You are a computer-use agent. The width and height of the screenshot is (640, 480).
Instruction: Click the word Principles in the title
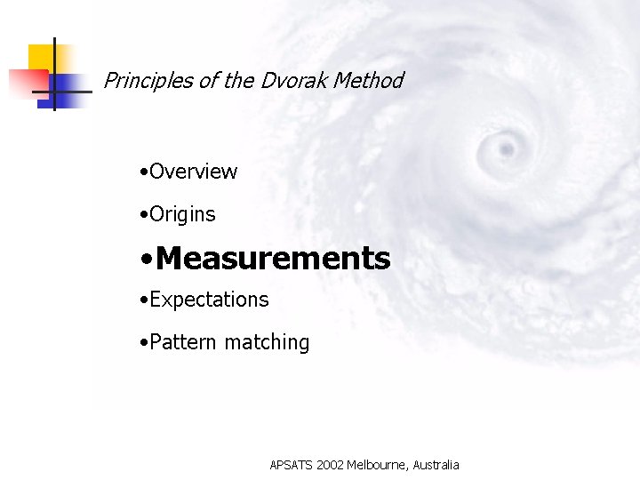click(148, 81)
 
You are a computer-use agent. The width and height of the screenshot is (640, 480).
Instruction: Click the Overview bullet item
click(193, 172)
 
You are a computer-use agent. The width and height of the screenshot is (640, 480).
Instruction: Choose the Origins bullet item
click(182, 214)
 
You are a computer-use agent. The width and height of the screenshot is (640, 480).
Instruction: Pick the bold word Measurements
click(272, 259)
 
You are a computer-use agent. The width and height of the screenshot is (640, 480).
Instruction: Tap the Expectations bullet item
click(209, 300)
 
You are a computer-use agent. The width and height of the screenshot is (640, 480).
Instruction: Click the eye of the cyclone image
click(506, 143)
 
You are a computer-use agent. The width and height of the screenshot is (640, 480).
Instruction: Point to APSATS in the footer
click(292, 465)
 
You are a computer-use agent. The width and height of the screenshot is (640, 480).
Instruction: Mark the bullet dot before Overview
click(144, 172)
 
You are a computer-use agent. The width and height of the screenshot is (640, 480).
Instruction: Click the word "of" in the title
click(208, 81)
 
